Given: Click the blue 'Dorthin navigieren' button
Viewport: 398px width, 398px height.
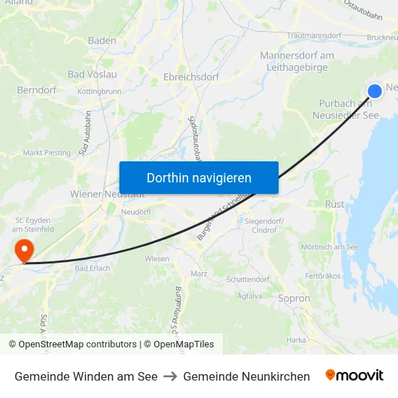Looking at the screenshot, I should (199, 177).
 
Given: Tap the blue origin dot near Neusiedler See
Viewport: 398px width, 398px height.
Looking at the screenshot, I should (375, 90).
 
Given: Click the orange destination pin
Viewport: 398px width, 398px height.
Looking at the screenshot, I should (25, 250).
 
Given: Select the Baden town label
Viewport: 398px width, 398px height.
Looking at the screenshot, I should (102, 41).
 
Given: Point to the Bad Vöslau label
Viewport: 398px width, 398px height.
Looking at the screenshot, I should (92, 74).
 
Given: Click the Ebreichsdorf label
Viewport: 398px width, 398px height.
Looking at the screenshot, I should (187, 76).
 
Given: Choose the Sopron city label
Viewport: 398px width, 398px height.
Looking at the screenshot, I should (295, 298).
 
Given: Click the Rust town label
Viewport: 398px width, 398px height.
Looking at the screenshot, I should (335, 205).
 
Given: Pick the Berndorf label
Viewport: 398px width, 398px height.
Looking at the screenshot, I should (33, 91).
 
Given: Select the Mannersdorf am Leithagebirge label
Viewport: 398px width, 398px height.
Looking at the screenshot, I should (297, 62).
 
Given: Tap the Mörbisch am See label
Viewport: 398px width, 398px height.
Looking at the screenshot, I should (329, 247).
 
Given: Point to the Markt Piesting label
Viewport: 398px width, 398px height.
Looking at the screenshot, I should (47, 153).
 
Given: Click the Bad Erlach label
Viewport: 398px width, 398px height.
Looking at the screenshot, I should (92, 268).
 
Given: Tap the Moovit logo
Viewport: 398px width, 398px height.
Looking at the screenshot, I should (355, 376).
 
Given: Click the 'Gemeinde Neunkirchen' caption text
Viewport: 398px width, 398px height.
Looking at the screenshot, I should (246, 376).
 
